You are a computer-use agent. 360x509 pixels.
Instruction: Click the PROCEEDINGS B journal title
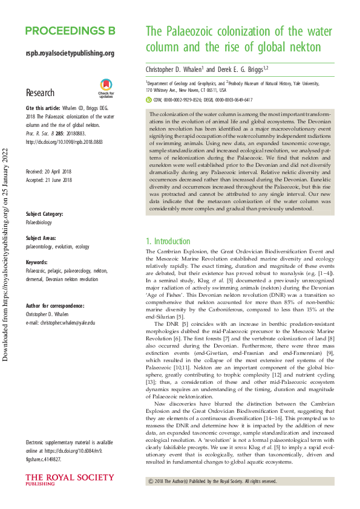70,31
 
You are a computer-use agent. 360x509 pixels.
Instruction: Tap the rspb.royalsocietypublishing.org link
70,54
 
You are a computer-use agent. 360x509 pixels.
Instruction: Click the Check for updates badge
106,88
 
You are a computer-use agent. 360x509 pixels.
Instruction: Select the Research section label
41,93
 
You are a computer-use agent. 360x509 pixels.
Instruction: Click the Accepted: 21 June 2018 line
48,180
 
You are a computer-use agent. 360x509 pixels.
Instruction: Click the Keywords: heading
38,263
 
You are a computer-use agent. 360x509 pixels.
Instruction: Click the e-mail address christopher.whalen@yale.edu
65,323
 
